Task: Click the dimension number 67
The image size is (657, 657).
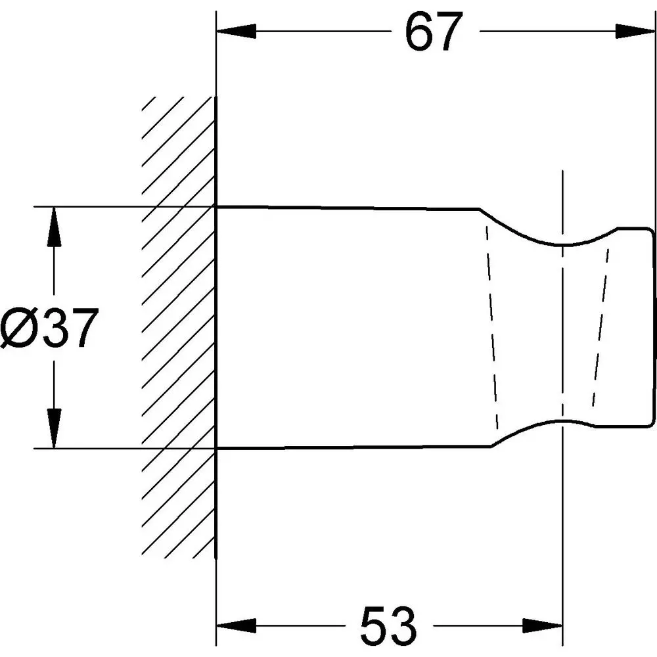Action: (x=434, y=32)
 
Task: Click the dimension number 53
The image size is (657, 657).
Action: (x=388, y=626)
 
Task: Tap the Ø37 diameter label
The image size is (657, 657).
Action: (x=49, y=328)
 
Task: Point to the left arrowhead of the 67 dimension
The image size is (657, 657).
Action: (x=236, y=31)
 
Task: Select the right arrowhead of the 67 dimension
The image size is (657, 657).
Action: (x=635, y=31)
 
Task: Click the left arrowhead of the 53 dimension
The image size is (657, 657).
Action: (x=236, y=626)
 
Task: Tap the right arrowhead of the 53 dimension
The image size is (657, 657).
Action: (x=543, y=626)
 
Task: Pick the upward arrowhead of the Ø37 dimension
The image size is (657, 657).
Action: (x=54, y=227)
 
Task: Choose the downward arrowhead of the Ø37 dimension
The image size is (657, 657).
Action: (x=54, y=428)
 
